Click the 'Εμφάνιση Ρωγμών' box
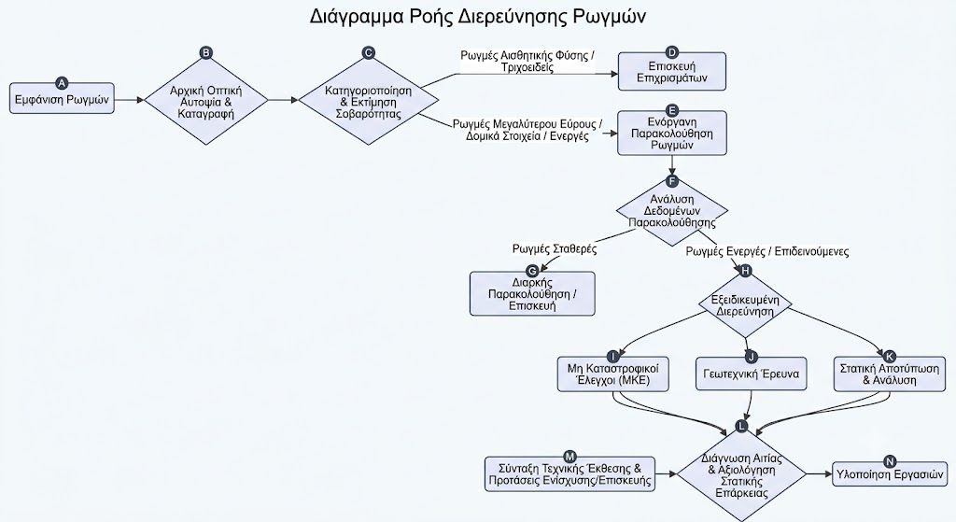click(62, 98)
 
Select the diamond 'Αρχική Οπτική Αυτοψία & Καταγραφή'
click(206, 100)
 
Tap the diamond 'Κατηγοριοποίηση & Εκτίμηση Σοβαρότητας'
click(368, 101)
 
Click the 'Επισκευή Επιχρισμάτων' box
click(672, 71)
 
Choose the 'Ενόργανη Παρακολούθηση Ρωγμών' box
click(672, 133)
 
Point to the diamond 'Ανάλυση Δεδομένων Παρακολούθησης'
click(672, 211)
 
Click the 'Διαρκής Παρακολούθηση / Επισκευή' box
click(532, 293)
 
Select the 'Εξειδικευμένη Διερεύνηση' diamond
click(745, 305)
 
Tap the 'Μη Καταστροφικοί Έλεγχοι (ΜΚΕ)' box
click(613, 374)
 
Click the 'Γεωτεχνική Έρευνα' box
click(752, 374)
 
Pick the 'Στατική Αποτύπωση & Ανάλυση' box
click(890, 374)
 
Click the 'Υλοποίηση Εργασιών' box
click(890, 473)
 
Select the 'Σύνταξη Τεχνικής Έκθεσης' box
click(570, 474)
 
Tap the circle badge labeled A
click(62, 83)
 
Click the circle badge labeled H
click(745, 272)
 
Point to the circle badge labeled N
click(890, 462)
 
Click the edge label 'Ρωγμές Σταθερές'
click(555, 248)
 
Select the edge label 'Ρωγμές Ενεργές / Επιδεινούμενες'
click(767, 251)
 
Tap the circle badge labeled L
click(741, 426)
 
